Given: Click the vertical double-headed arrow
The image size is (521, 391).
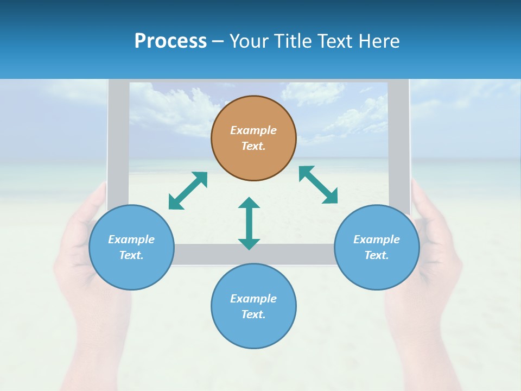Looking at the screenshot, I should pos(249,224).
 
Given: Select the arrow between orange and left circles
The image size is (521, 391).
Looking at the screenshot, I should pos(188,191).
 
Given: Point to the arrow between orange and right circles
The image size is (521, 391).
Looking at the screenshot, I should pos(318,185).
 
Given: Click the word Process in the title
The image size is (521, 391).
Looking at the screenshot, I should pos(170,41).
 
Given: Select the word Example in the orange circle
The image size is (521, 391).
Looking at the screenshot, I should pos(253,130).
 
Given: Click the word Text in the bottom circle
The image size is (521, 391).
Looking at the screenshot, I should pos(252,314).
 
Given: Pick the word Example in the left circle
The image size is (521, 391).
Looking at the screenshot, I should pos(131,239).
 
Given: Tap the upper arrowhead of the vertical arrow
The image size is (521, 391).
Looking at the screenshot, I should pos(249,204).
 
